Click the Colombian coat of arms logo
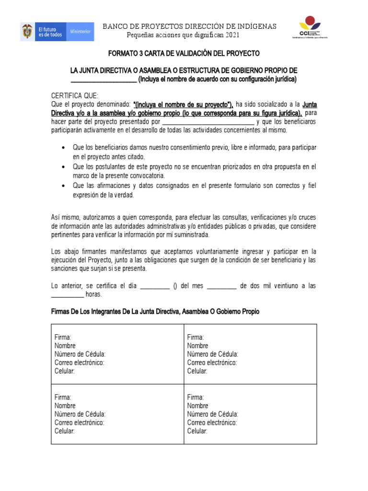[x=27, y=32]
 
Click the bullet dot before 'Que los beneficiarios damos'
[x=64, y=147]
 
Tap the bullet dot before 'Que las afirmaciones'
[x=64, y=185]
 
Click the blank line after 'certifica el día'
[x=154, y=286]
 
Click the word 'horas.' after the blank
[x=93, y=294]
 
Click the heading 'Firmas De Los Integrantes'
[x=155, y=312]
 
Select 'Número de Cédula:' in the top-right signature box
[x=212, y=354]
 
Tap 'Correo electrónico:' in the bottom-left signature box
[x=79, y=422]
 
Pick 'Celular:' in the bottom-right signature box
[x=197, y=431]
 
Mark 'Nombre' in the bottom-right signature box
[x=197, y=406]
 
